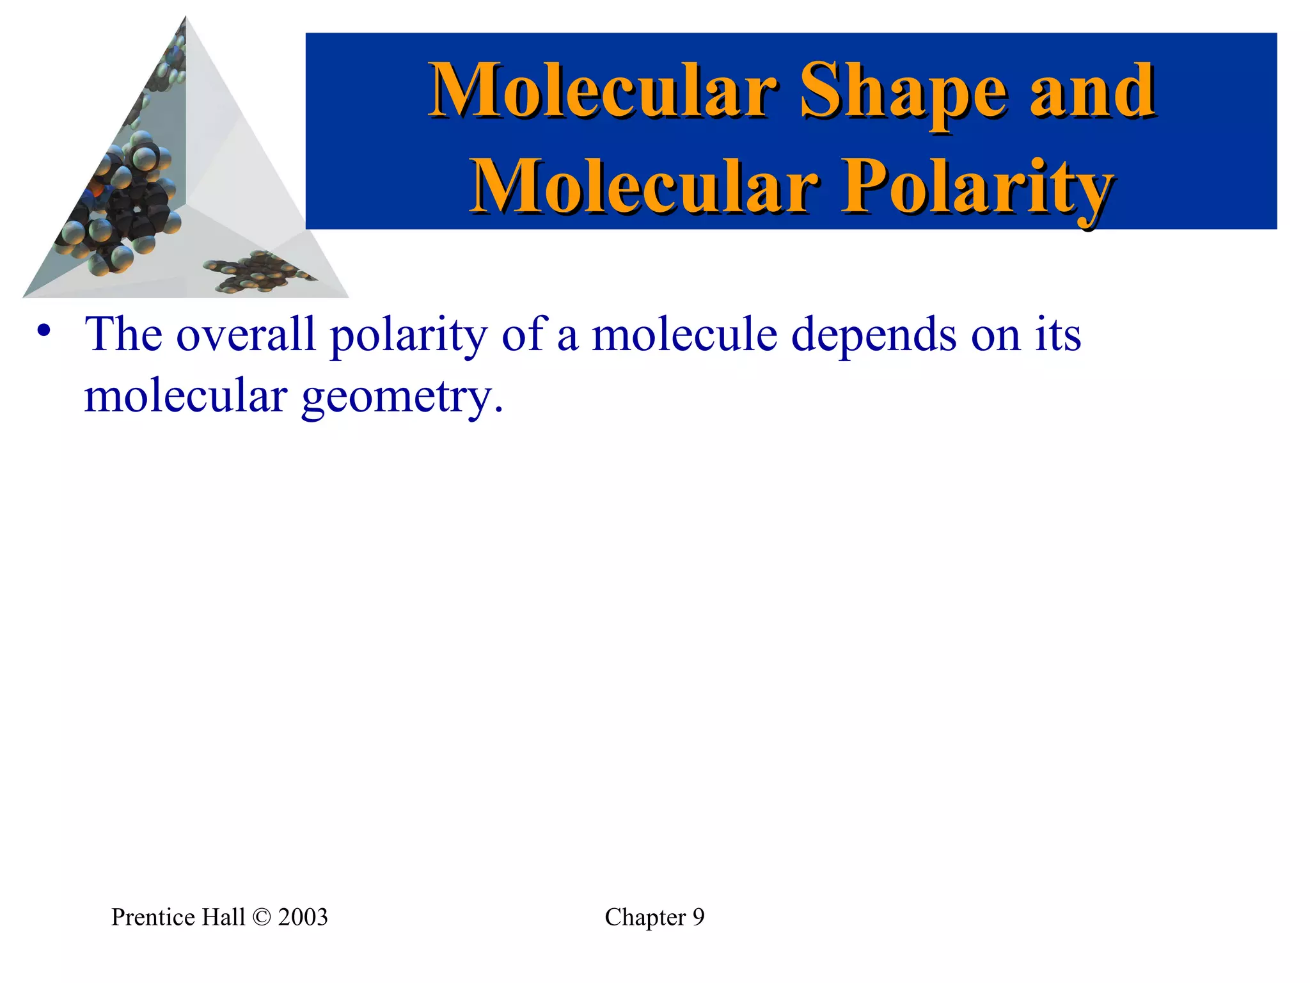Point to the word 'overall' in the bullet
point(246,334)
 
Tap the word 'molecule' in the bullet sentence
point(684,334)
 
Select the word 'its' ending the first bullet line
point(1058,334)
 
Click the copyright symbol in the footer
point(262,917)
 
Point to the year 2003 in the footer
point(303,917)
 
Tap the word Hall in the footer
point(223,917)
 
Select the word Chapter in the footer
point(645,917)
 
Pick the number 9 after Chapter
point(698,917)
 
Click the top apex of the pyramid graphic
point(185,18)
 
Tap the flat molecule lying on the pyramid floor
point(256,271)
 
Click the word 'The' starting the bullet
point(123,334)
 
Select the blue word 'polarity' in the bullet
point(408,334)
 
